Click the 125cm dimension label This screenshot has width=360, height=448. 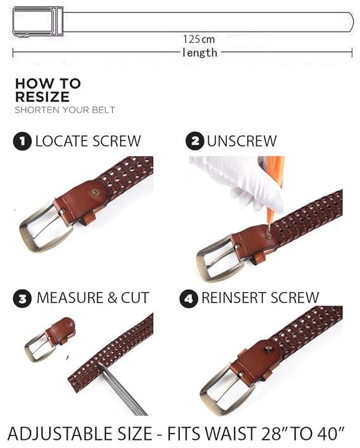199,39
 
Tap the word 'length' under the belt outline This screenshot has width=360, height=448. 200,53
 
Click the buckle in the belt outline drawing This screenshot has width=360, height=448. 38,22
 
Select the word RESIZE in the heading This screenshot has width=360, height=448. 42,97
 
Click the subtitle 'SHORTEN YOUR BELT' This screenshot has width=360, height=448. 65,110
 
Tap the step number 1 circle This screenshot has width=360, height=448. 22,141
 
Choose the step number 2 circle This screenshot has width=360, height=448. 195,141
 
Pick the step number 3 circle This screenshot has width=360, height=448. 22,299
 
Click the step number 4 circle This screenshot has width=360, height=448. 189,299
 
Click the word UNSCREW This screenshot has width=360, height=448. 242,141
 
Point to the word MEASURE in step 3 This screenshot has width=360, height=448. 70,298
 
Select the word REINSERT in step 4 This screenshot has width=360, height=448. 235,297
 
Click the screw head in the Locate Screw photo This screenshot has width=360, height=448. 96,192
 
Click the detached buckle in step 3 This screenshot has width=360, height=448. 49,339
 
